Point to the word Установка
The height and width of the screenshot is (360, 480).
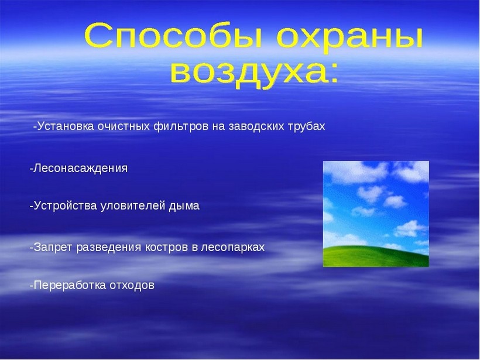[x=66, y=126]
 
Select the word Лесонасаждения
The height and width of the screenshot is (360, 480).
[x=80, y=169]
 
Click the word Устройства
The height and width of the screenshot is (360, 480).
[x=65, y=205]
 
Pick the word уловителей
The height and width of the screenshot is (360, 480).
[x=133, y=205]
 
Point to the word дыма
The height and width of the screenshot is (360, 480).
[x=184, y=205]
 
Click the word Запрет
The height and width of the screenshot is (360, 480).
[x=53, y=247]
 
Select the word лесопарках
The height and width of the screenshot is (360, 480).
[x=232, y=248]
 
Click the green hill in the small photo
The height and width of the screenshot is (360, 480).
[x=376, y=256]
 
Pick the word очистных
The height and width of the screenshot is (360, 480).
[x=124, y=126]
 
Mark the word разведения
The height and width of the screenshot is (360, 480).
[x=109, y=248]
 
